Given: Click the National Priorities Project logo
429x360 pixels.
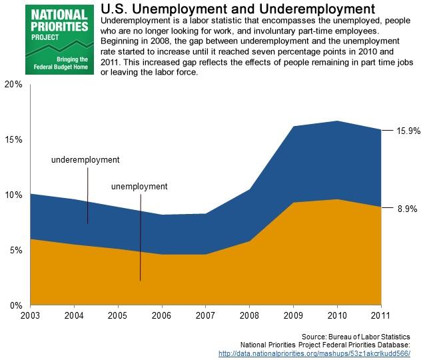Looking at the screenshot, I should tap(57, 39).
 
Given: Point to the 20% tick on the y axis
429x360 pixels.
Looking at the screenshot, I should tap(13, 85).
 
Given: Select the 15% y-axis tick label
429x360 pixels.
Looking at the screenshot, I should tap(13, 140).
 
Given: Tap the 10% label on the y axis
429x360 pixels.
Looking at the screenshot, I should tap(13, 195).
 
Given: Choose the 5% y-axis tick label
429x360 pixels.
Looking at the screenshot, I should tap(15, 251).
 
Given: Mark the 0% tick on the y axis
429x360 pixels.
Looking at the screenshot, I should tap(15, 305).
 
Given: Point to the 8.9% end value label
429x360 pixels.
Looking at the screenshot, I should tap(407, 209).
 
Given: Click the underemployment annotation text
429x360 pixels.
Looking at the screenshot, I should tap(85, 160).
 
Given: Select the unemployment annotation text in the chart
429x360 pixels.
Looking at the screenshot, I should tap(139, 186).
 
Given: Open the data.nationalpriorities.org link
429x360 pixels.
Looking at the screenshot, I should tap(314, 353).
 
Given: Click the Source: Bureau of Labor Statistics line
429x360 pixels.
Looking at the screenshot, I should tap(356, 337).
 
